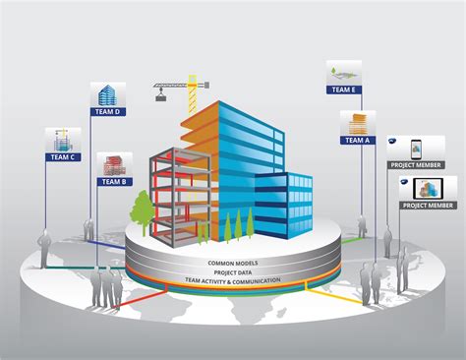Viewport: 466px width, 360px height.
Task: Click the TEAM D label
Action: point(107,111)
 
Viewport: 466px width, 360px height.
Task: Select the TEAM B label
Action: point(115,182)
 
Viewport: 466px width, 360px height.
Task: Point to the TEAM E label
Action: point(344,90)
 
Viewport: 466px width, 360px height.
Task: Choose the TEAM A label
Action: point(356,140)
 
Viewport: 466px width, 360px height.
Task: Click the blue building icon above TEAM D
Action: point(107,94)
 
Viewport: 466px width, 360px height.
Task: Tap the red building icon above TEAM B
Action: point(115,165)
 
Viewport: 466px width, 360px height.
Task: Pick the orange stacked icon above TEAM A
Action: point(355,123)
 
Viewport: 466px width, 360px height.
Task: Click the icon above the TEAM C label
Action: point(62,139)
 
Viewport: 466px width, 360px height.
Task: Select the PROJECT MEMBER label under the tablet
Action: point(429,205)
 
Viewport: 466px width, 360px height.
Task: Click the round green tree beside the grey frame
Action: point(144,206)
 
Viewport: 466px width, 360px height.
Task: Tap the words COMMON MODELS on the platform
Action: point(232,264)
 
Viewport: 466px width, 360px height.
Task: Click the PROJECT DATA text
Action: point(232,272)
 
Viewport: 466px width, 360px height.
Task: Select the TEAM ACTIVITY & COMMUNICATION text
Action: point(232,281)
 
